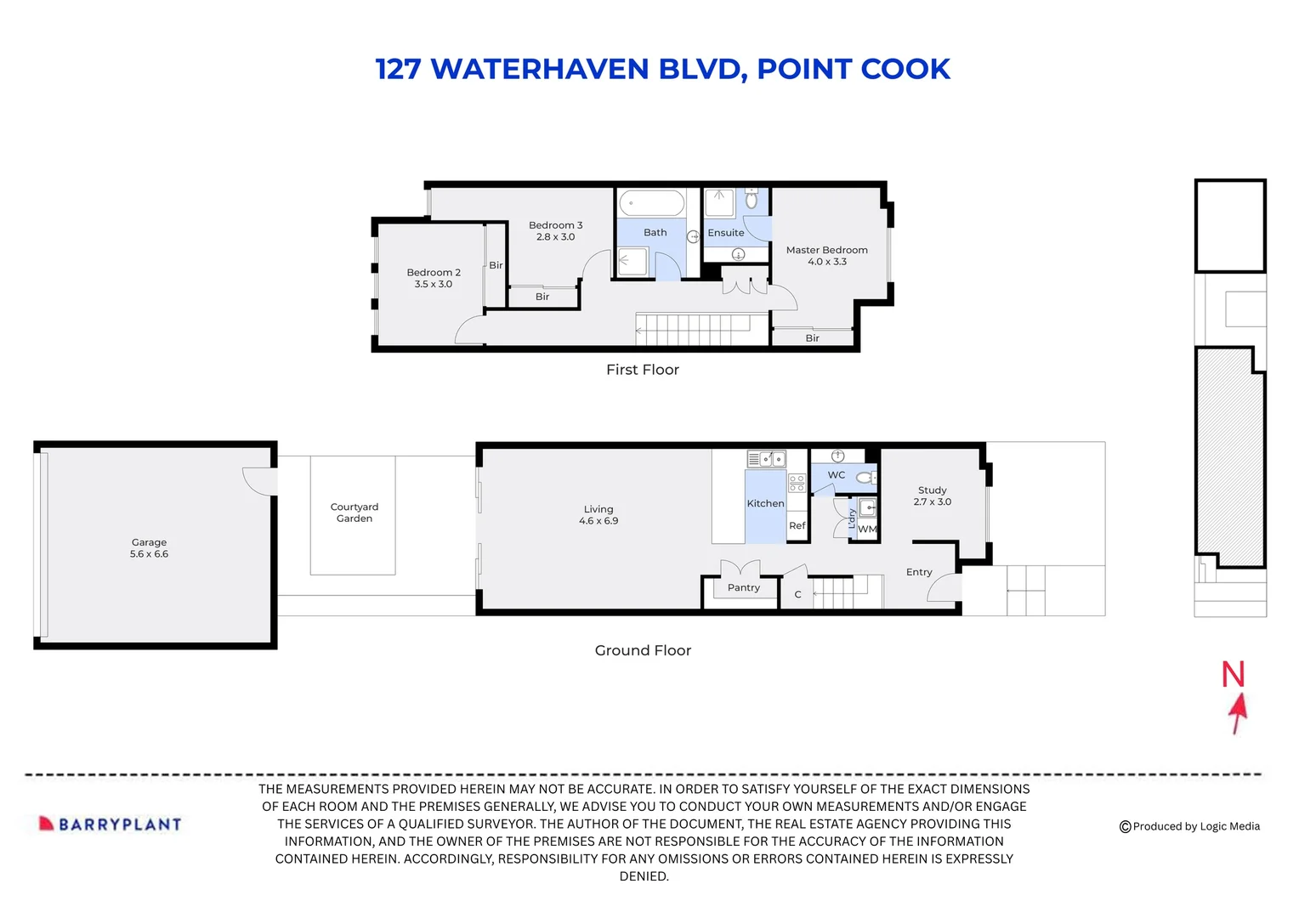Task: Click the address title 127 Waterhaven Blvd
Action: pyautogui.click(x=662, y=69)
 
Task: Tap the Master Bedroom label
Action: pyautogui.click(x=826, y=250)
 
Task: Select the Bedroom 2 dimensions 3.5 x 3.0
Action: pyautogui.click(x=433, y=284)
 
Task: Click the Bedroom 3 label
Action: pyautogui.click(x=555, y=225)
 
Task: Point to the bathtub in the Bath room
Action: pyautogui.click(x=651, y=204)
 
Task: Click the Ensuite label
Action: pyautogui.click(x=725, y=233)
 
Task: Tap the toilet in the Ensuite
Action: pyautogui.click(x=752, y=200)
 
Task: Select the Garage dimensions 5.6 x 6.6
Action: pyautogui.click(x=149, y=554)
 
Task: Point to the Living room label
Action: pyautogui.click(x=598, y=509)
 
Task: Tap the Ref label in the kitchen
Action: pyautogui.click(x=797, y=526)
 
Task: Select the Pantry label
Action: pyautogui.click(x=743, y=587)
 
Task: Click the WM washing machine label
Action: pyautogui.click(x=866, y=530)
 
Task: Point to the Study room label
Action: pyautogui.click(x=932, y=490)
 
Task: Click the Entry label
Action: pyautogui.click(x=919, y=572)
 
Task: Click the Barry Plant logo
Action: pyautogui.click(x=111, y=824)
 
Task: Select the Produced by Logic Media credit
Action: pyautogui.click(x=1189, y=826)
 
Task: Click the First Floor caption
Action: pyautogui.click(x=642, y=370)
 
